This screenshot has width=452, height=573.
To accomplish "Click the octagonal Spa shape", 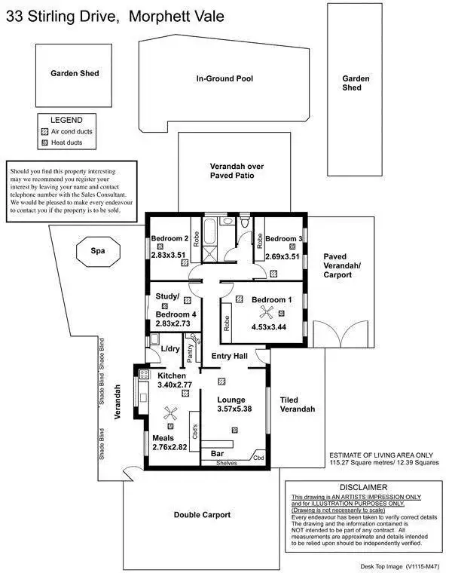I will [97, 251].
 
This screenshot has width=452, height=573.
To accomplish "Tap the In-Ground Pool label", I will [224, 78].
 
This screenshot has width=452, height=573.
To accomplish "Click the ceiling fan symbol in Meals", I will [171, 414].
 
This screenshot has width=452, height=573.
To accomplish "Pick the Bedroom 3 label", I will [284, 238].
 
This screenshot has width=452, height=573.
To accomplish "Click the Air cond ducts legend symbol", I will [44, 131].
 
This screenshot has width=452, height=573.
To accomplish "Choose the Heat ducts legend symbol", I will [44, 142].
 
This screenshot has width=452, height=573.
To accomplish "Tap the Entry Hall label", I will [230, 357].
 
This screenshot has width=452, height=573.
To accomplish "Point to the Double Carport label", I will [202, 515].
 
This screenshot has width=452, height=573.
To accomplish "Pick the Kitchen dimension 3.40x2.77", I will [176, 385].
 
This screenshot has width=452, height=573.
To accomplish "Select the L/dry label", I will [170, 348].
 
